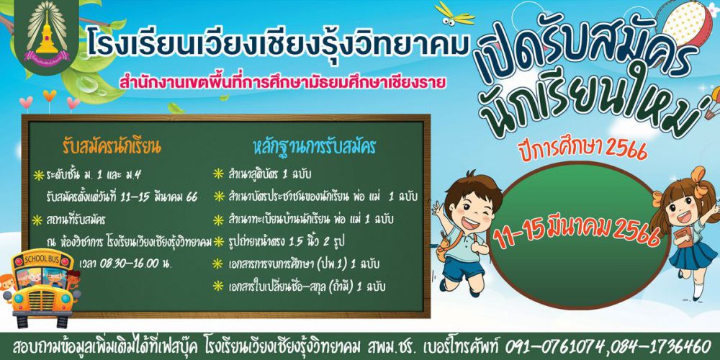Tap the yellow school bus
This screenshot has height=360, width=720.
(42, 289)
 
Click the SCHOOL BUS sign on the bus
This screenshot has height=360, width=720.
(42, 259)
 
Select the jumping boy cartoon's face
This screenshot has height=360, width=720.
(471, 207)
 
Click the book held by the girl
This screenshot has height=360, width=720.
(683, 237)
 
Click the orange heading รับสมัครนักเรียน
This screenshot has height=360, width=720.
(112, 148)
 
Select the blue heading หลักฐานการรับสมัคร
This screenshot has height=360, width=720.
(315, 148)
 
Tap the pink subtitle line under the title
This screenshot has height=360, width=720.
(282, 83)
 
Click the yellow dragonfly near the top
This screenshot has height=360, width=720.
(454, 14)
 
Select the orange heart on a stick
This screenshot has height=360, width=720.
(49, 100)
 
